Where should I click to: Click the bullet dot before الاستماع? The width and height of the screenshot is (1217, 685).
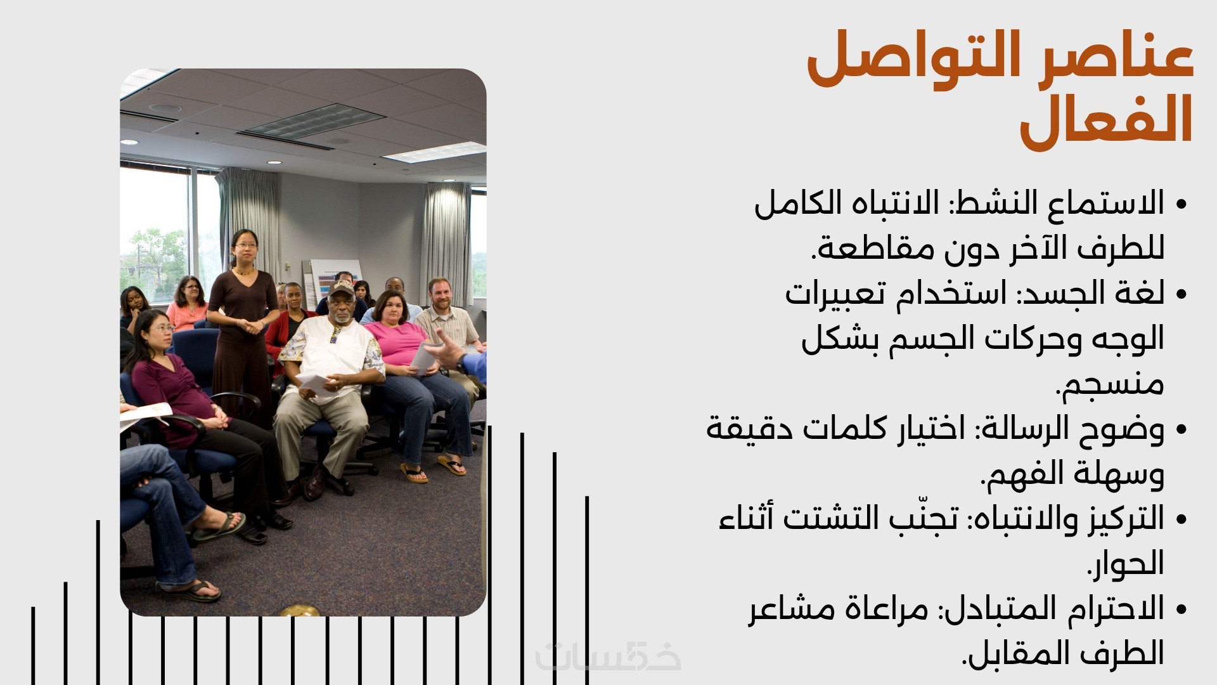(1180, 205)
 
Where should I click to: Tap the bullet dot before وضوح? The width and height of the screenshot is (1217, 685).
(1180, 430)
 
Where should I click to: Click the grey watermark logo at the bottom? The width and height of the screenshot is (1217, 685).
(608, 656)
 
